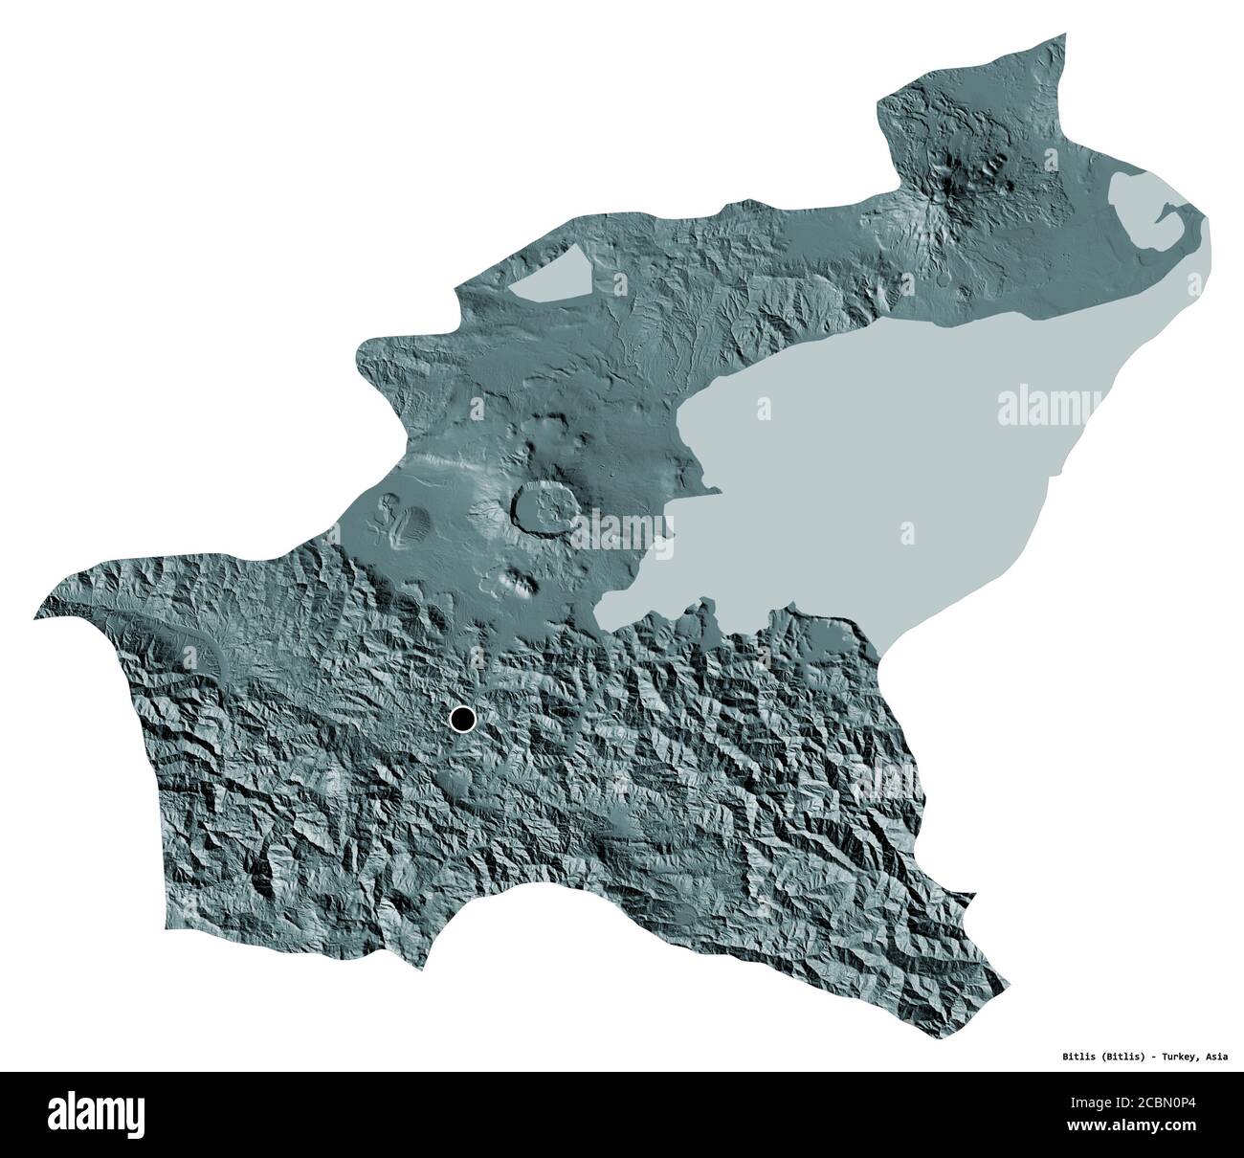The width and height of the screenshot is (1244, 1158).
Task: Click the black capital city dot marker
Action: tap(463, 718)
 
